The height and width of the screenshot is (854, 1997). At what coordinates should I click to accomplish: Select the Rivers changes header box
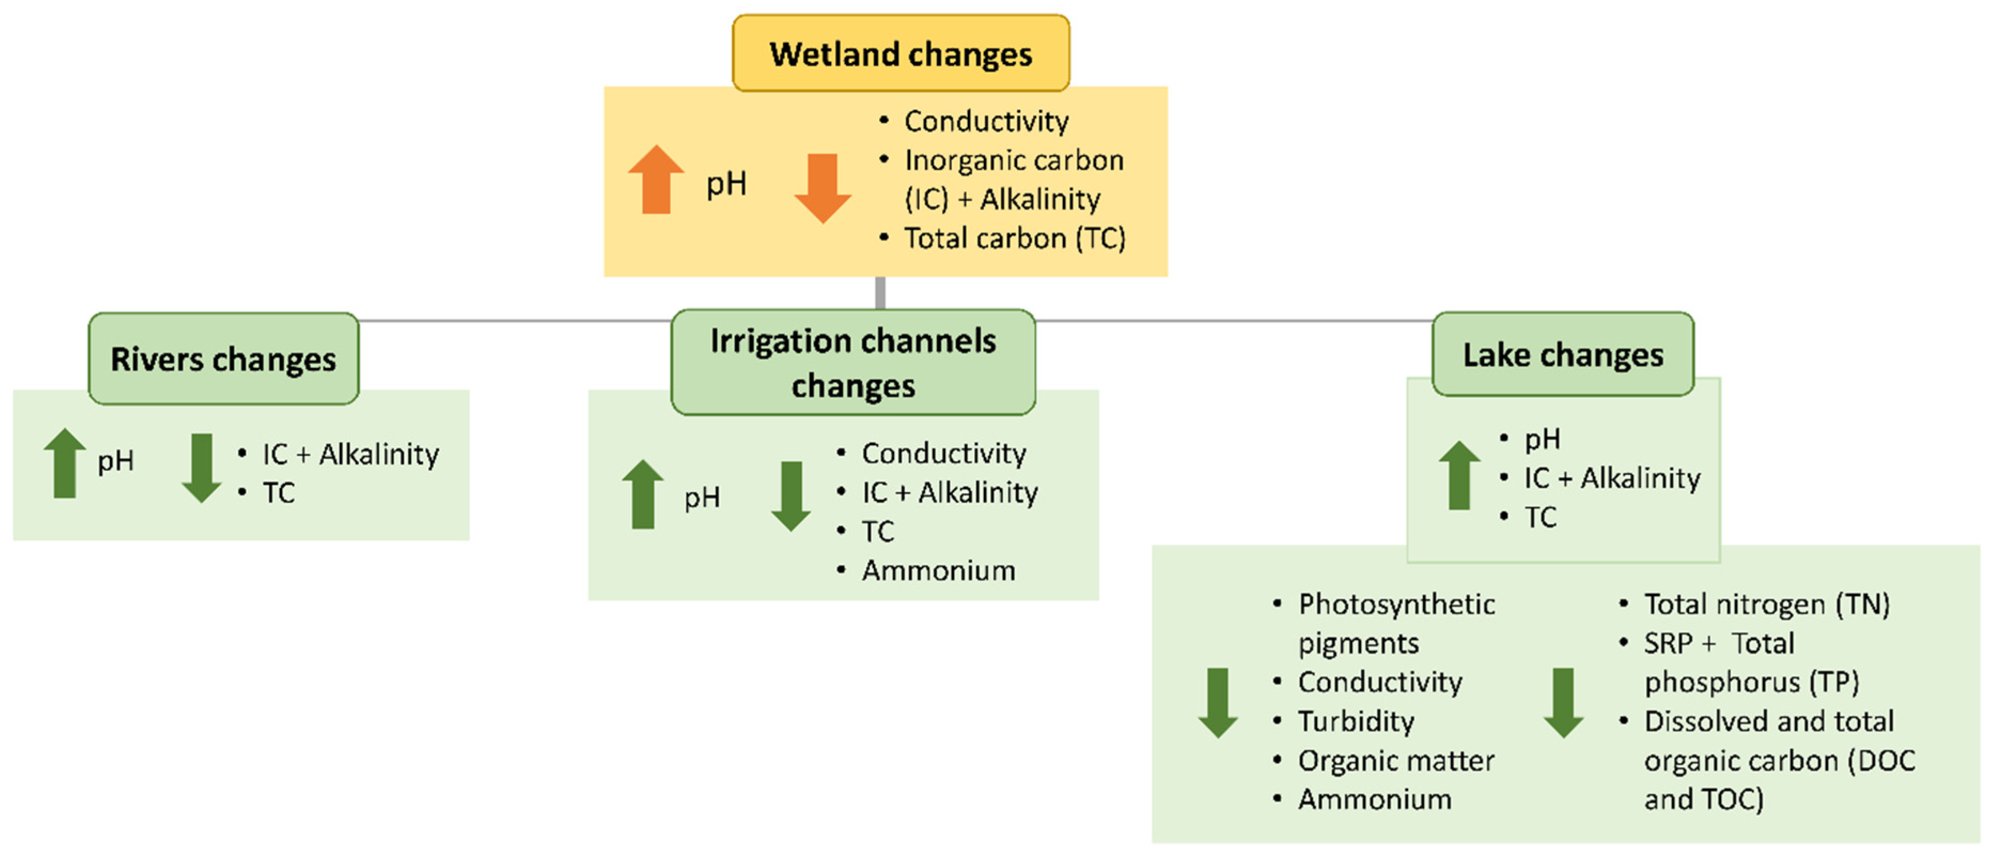(223, 359)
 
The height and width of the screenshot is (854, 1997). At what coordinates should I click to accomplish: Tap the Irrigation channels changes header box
(853, 362)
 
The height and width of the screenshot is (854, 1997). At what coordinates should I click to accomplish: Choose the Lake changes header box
(1562, 354)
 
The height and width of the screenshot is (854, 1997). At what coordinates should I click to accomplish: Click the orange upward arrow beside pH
(656, 180)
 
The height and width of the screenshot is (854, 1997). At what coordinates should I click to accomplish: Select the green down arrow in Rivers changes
(201, 468)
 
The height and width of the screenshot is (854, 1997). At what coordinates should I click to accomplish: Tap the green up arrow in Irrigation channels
(643, 494)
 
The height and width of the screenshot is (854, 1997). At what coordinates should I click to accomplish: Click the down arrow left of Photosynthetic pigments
(1218, 702)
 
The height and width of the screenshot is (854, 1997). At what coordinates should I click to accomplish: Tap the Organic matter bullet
(1396, 760)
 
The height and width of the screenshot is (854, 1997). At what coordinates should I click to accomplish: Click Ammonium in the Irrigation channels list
(938, 570)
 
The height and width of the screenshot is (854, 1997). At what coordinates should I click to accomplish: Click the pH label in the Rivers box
(115, 461)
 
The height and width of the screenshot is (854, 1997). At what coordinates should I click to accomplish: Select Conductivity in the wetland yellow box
(986, 121)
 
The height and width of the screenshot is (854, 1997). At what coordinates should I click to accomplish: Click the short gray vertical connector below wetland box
(880, 292)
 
